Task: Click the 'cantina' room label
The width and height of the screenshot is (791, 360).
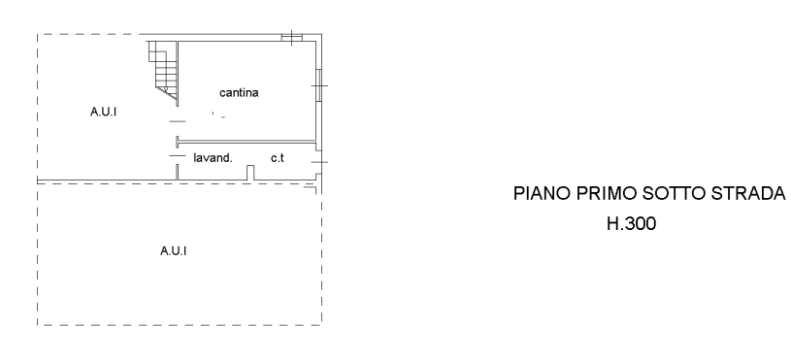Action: (239, 93)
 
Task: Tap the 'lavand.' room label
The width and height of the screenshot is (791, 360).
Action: (213, 158)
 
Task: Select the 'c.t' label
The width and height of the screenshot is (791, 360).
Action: (278, 158)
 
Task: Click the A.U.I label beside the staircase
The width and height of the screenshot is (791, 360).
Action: (103, 112)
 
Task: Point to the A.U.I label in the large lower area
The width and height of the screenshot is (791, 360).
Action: (173, 250)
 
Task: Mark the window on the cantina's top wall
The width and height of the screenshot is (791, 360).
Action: (292, 37)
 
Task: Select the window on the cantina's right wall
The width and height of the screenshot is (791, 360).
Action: (318, 85)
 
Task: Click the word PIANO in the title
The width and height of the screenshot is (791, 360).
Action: (543, 193)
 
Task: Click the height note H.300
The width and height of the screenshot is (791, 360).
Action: (632, 223)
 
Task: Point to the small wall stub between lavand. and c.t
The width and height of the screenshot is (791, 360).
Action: (250, 173)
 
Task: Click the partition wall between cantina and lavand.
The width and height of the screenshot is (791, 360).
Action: (247, 142)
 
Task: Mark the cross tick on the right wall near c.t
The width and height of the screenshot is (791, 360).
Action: (319, 162)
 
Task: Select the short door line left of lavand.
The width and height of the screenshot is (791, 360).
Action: (177, 156)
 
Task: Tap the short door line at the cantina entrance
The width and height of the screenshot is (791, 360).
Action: (177, 121)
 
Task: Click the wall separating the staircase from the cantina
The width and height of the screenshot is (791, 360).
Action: (178, 74)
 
